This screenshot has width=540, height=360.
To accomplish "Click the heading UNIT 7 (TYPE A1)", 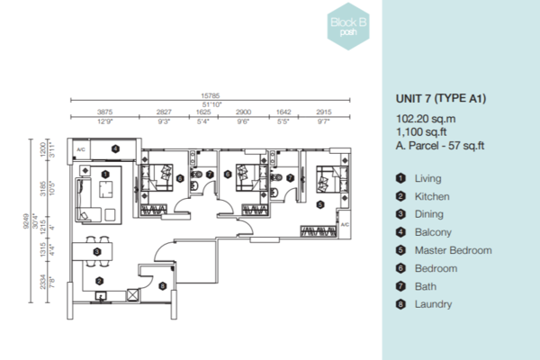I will coord(441,99).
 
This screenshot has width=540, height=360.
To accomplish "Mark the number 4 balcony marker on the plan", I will coord(115,148).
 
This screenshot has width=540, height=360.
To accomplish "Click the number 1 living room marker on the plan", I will coord(106,174).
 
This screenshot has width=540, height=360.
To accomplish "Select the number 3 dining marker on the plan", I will coord(96,252).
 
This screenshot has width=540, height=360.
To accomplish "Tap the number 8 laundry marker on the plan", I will coord(162,286).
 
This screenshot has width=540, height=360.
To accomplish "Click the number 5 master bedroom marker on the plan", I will coord(321,205).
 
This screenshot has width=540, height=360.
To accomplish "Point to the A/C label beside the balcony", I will coord(80,149).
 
